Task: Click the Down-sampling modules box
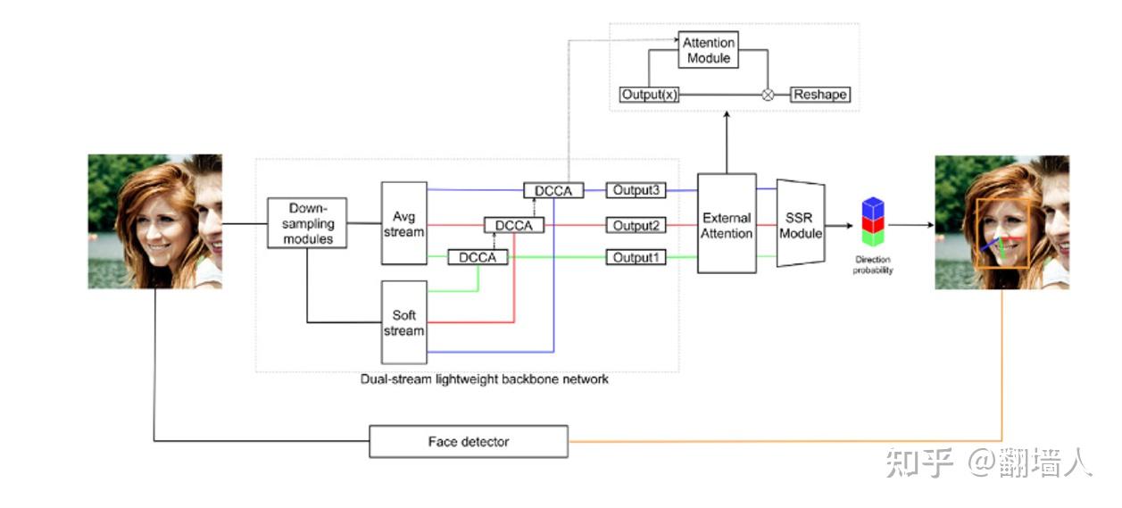[x=307, y=223]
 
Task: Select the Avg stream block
[x=403, y=223]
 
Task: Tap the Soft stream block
[x=403, y=323]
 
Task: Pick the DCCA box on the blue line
[x=553, y=190]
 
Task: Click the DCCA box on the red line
[x=514, y=225]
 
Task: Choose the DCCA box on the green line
[x=478, y=257]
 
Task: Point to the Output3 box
[x=636, y=190]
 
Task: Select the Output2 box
[x=636, y=225]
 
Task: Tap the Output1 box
[x=636, y=257]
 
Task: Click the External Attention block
[x=727, y=223]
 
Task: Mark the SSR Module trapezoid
[x=800, y=223]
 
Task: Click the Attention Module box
[x=709, y=50]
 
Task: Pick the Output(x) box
[x=649, y=94]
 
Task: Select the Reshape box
[x=819, y=94]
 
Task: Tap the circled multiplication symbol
[x=767, y=94]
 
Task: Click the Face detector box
[x=469, y=441]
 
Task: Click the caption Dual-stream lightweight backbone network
[x=484, y=379]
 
